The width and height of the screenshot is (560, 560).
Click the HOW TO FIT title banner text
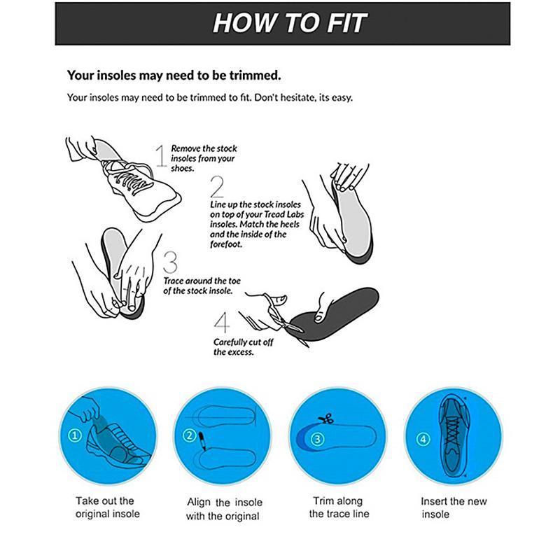[289, 22]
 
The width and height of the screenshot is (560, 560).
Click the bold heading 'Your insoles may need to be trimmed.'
[174, 74]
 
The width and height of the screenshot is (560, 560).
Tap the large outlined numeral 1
[160, 156]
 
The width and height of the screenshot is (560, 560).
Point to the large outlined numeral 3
[170, 262]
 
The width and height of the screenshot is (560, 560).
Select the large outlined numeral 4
[222, 323]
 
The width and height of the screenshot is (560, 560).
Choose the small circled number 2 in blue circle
[189, 435]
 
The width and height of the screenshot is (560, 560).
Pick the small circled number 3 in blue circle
[318, 440]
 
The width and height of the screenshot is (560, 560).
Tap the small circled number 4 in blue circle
[422, 440]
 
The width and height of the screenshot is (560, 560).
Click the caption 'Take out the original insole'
[107, 507]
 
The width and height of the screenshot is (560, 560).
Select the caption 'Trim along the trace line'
[339, 507]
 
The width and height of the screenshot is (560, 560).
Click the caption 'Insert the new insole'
[453, 507]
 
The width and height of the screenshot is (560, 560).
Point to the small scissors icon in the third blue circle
[324, 420]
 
